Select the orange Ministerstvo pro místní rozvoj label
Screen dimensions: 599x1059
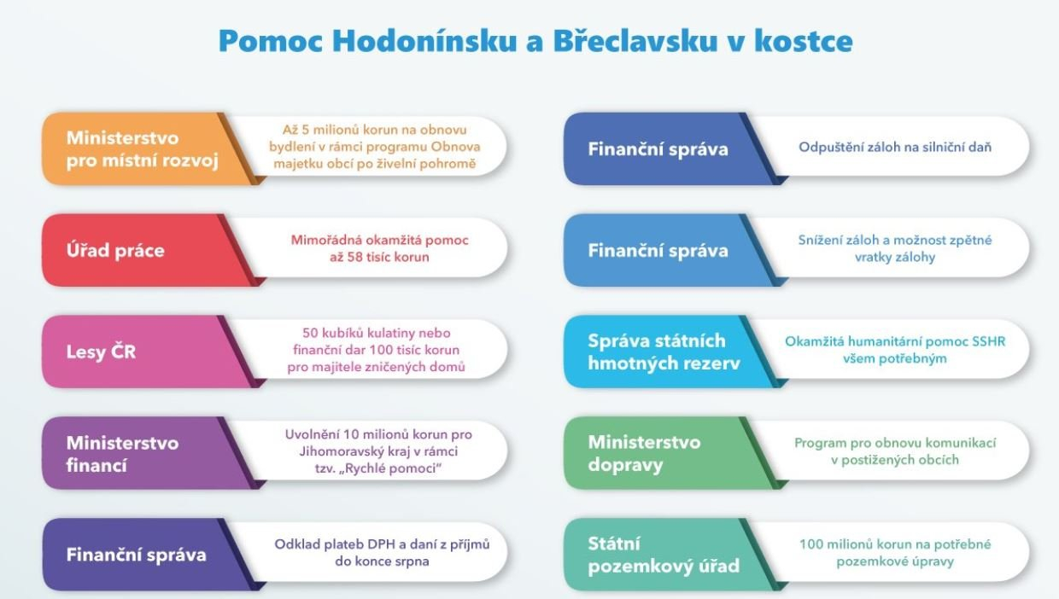tap(123, 148)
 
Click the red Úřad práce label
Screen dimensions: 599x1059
tap(115, 251)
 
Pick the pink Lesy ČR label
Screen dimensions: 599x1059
tap(101, 352)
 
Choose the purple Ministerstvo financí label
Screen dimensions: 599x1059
tap(122, 453)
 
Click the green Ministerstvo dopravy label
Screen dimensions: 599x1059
tap(644, 453)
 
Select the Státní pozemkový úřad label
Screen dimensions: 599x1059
tap(664, 555)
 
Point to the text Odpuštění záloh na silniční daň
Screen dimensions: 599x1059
tap(895, 148)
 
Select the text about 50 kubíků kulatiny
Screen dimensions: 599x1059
tap(377, 333)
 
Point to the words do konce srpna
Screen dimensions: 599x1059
tap(382, 561)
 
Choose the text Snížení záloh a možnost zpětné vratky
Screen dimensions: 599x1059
tap(894, 248)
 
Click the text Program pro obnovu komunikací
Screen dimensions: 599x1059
tap(895, 443)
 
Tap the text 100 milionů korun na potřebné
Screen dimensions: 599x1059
tap(895, 544)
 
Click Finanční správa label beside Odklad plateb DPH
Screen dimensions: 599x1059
tap(137, 555)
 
